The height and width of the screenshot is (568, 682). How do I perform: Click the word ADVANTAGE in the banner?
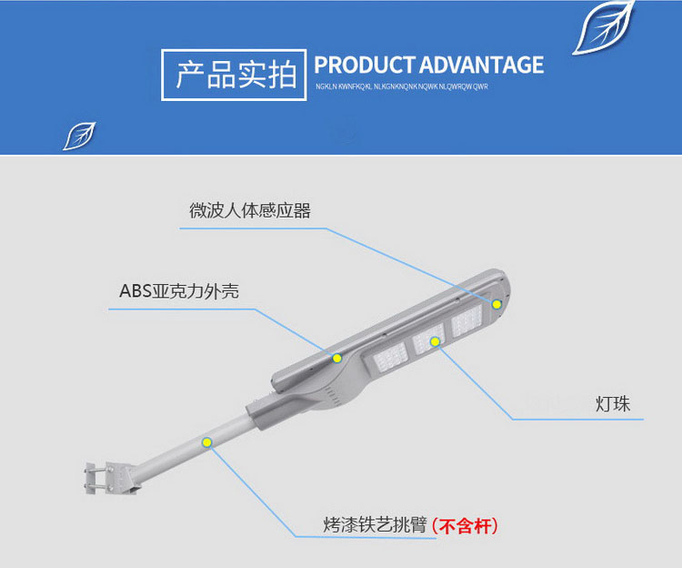click(482, 66)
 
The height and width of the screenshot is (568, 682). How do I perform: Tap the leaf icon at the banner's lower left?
click(79, 136)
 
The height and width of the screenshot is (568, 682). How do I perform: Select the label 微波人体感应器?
click(250, 211)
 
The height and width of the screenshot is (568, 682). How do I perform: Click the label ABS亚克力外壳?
click(179, 291)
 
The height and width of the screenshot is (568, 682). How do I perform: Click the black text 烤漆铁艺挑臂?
click(374, 526)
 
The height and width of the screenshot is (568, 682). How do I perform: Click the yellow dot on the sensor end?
click(497, 304)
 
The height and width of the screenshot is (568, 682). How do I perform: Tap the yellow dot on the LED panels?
click(436, 341)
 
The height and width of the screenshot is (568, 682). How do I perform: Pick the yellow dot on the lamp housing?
click(336, 357)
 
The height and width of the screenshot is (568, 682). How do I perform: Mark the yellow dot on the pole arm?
click(207, 443)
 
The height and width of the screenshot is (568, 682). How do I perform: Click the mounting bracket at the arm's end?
click(110, 478)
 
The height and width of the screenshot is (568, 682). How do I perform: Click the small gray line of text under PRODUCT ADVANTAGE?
click(402, 86)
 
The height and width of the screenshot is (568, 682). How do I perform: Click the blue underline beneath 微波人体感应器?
click(255, 228)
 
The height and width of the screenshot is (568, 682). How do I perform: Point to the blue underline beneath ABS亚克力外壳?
click(182, 309)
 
